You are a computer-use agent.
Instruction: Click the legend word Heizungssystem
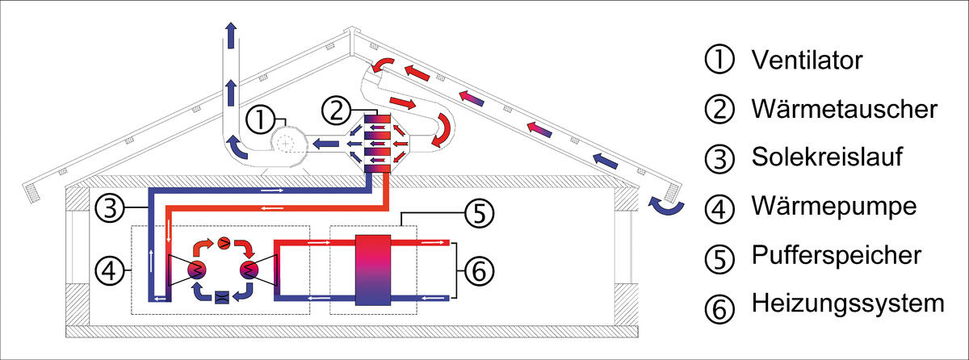tap(847, 304)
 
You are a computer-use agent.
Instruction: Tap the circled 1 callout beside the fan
tap(261, 120)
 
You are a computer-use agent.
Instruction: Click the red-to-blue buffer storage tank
tap(373, 270)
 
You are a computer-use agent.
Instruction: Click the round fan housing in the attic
tap(284, 144)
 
